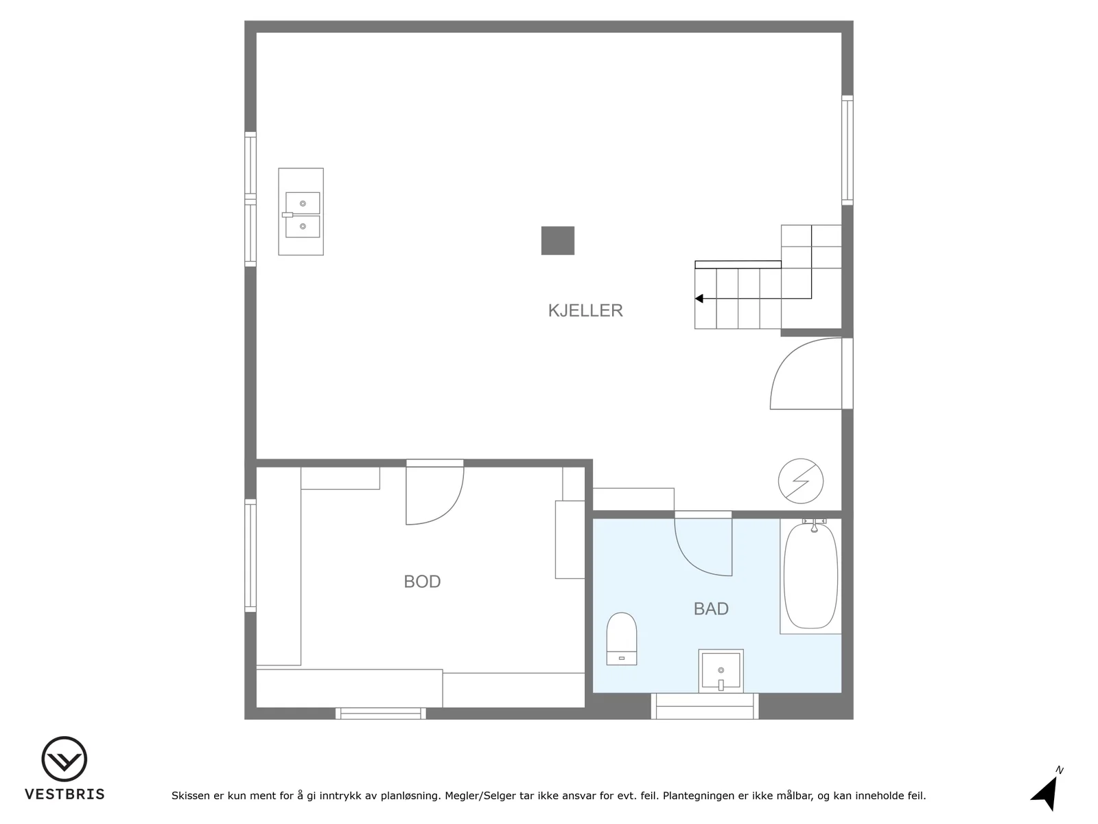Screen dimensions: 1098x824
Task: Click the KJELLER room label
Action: click(x=585, y=310)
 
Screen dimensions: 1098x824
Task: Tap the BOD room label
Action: click(x=422, y=582)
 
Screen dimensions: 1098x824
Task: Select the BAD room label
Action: click(x=711, y=608)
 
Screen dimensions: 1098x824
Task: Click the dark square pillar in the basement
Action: click(x=558, y=240)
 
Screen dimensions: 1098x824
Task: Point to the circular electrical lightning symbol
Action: click(x=800, y=481)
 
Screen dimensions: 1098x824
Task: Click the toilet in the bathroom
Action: click(x=621, y=639)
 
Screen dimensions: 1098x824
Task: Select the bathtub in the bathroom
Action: click(x=810, y=576)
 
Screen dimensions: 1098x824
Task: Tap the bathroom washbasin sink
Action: click(x=721, y=671)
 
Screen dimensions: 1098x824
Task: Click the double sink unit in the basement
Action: click(x=301, y=211)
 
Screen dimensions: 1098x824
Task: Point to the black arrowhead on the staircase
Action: click(x=699, y=299)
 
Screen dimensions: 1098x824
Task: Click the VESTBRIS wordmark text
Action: click(x=65, y=794)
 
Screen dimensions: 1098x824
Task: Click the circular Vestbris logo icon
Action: click(x=65, y=759)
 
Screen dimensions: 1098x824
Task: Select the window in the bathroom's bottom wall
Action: click(x=704, y=706)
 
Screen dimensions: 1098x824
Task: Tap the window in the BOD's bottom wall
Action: click(x=381, y=713)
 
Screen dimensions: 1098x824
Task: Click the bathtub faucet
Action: click(x=814, y=525)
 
